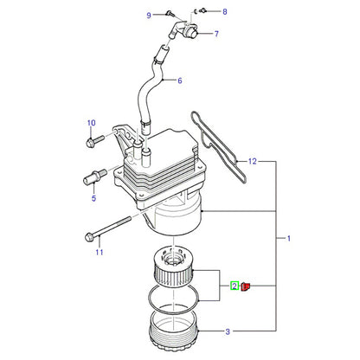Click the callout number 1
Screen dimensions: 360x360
(288, 239)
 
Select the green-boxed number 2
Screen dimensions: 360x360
(235, 286)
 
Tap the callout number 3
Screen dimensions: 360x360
(228, 331)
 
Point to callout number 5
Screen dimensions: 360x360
(93, 198)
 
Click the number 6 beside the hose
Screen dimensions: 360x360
(180, 80)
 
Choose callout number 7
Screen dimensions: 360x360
(216, 34)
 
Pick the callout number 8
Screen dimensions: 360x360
(225, 12)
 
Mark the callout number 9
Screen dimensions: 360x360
(149, 16)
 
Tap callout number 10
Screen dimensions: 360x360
(92, 123)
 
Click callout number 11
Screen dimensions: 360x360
(100, 252)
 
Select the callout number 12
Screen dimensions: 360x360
(252, 161)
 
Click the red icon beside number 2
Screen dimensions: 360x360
(245, 286)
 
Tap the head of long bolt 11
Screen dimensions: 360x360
(89, 237)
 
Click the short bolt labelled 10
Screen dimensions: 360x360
(95, 141)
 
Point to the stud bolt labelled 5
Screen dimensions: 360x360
(94, 177)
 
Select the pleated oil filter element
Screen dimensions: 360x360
(173, 267)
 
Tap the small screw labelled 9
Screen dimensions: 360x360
(170, 12)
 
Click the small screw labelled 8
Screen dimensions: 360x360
(202, 11)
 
